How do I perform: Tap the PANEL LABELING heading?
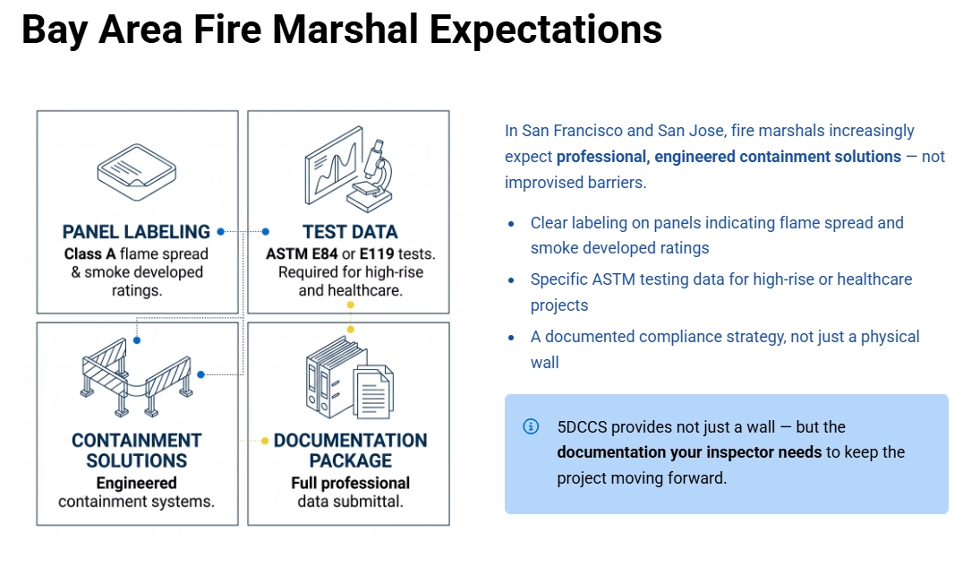136,232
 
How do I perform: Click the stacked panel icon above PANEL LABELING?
136,171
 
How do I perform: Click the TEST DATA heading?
349,232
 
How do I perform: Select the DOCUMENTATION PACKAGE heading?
350,451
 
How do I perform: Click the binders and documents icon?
348,376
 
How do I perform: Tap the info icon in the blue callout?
531,426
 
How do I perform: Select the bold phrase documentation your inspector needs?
688,452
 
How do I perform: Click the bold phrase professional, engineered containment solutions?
729,157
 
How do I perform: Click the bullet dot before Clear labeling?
511,224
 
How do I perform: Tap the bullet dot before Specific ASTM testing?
511,280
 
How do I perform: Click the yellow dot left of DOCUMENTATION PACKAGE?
265,441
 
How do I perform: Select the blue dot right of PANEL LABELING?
220,231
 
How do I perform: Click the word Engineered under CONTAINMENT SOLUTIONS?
136,483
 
